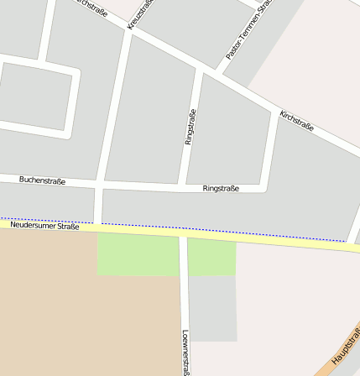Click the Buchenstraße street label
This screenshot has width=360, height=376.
click(x=42, y=180)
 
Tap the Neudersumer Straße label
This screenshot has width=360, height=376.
click(x=44, y=225)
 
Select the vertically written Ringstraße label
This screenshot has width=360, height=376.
click(x=190, y=127)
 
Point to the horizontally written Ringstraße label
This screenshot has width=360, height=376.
click(x=221, y=189)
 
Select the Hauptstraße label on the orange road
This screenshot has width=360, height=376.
click(x=345, y=346)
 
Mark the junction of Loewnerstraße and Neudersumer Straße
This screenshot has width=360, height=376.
click(x=183, y=233)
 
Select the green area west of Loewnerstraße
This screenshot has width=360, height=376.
click(x=138, y=254)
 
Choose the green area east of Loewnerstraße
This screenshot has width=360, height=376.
click(x=211, y=258)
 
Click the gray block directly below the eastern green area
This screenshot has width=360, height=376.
click(x=212, y=308)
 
